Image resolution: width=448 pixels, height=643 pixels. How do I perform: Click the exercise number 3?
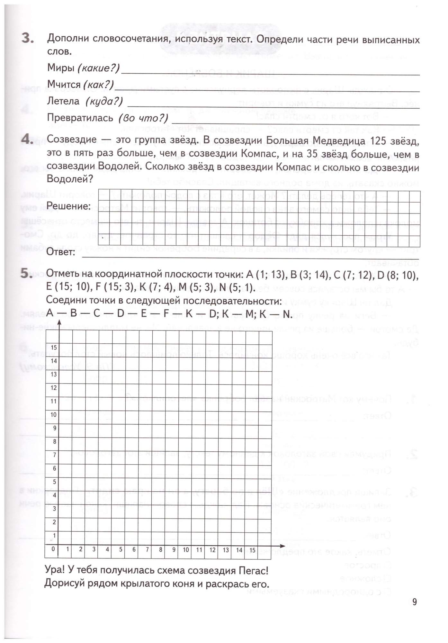click(28, 38)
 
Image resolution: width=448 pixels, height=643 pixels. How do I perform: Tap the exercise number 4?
click(28, 139)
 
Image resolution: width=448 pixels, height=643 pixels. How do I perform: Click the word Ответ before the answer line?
click(61, 252)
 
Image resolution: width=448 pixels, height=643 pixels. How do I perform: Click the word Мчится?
click(64, 84)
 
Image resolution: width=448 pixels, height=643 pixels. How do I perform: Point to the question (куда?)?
click(104, 101)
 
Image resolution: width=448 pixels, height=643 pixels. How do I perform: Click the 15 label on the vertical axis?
click(54, 347)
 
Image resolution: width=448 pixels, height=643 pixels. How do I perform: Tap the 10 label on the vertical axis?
click(54, 414)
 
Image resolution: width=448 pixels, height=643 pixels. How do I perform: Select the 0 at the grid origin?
click(53, 549)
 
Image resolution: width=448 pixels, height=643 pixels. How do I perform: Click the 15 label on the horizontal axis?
click(252, 550)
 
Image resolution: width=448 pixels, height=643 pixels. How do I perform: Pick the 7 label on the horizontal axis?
click(147, 549)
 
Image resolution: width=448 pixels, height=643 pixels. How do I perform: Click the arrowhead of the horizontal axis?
click(282, 546)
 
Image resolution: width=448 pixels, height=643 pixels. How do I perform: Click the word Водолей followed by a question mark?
click(68, 179)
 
